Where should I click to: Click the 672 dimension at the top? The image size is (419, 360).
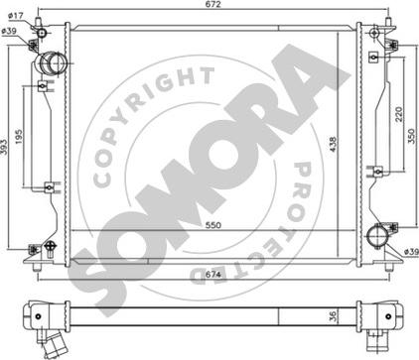213,4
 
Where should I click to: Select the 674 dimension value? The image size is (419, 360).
213,274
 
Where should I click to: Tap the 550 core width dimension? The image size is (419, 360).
213,225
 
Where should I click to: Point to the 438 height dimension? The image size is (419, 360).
333,146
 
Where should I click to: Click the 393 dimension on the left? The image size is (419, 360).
4,146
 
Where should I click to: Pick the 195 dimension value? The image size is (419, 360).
19,136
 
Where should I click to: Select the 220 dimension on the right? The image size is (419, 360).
399,114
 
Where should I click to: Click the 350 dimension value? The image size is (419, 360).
411,136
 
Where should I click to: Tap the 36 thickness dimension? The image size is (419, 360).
333,316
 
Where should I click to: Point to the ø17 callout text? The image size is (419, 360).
15,15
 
